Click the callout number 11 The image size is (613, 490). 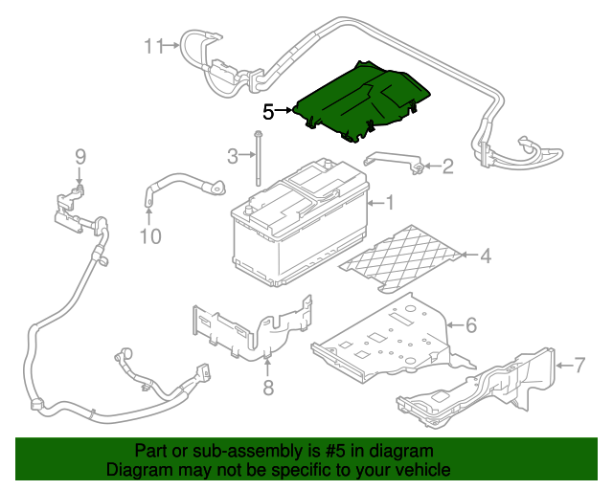pyautogui.click(x=154, y=45)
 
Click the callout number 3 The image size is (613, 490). pyautogui.click(x=232, y=155)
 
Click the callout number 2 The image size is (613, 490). pyautogui.click(x=448, y=167)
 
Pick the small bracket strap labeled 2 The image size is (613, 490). pyautogui.click(x=395, y=159)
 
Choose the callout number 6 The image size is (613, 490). pyautogui.click(x=470, y=325)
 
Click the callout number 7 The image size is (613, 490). pyautogui.click(x=579, y=364)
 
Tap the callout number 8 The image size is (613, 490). pyautogui.click(x=268, y=388)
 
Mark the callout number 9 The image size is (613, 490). pyautogui.click(x=80, y=156)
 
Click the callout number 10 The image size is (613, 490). pyautogui.click(x=150, y=235)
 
